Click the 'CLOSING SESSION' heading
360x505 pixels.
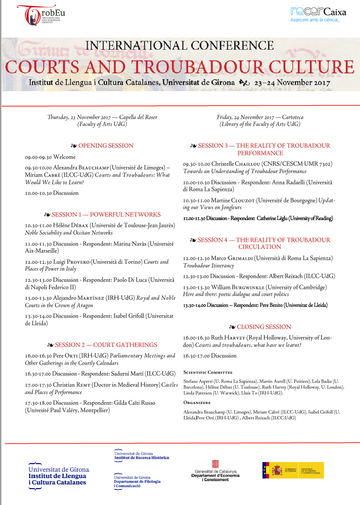(260, 327)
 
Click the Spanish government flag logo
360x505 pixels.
(293, 470)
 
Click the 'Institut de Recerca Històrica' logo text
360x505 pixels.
(142, 456)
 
